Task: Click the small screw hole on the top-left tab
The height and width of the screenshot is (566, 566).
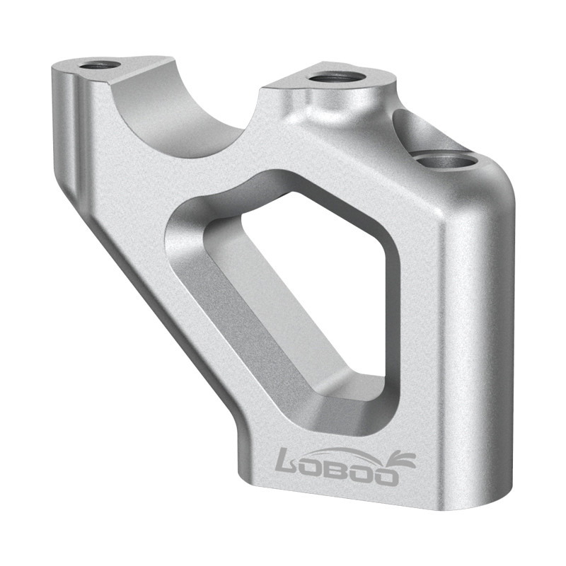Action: coord(99,65)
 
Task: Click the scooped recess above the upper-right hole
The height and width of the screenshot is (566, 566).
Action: coord(424,131)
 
